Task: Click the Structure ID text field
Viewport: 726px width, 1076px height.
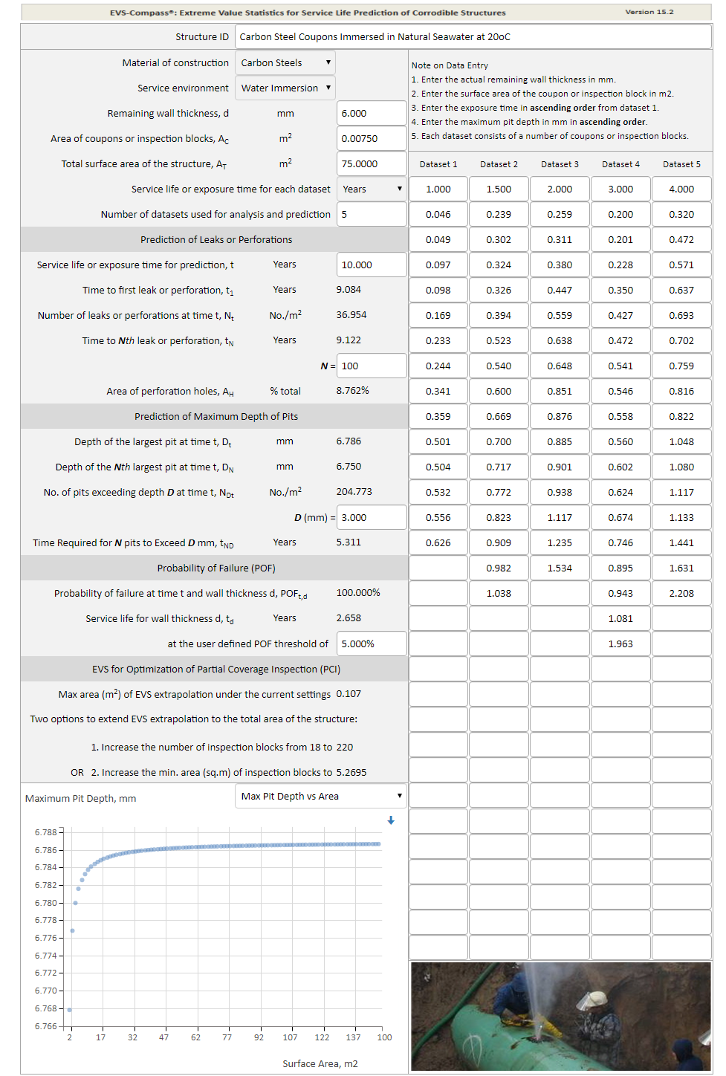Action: point(473,37)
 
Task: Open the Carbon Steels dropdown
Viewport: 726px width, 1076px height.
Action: point(285,63)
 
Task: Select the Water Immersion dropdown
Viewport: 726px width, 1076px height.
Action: point(285,88)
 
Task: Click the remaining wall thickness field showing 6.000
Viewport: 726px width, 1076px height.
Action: point(371,114)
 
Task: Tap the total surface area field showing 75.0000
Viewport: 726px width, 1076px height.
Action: point(371,164)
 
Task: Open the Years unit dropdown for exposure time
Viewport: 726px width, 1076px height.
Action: point(371,189)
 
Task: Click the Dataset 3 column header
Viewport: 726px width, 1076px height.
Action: point(560,164)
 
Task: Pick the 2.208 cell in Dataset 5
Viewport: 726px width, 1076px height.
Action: point(681,594)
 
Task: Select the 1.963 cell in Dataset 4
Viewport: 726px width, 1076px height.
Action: point(620,644)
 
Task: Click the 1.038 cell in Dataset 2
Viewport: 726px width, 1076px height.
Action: point(499,594)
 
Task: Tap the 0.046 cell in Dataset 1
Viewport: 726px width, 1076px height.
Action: point(438,215)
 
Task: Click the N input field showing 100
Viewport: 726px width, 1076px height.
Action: point(371,366)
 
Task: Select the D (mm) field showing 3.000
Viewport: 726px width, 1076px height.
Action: point(371,518)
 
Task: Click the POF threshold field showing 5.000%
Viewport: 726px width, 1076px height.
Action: point(371,644)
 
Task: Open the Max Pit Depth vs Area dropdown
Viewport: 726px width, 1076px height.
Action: point(321,797)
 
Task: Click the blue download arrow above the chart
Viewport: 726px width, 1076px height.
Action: point(391,820)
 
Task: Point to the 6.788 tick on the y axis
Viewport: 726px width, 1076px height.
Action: point(45,832)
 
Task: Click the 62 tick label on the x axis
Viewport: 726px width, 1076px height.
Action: point(195,1037)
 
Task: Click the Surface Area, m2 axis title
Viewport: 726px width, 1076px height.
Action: point(320,1064)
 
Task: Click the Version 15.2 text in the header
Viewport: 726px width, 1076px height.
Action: point(649,12)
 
